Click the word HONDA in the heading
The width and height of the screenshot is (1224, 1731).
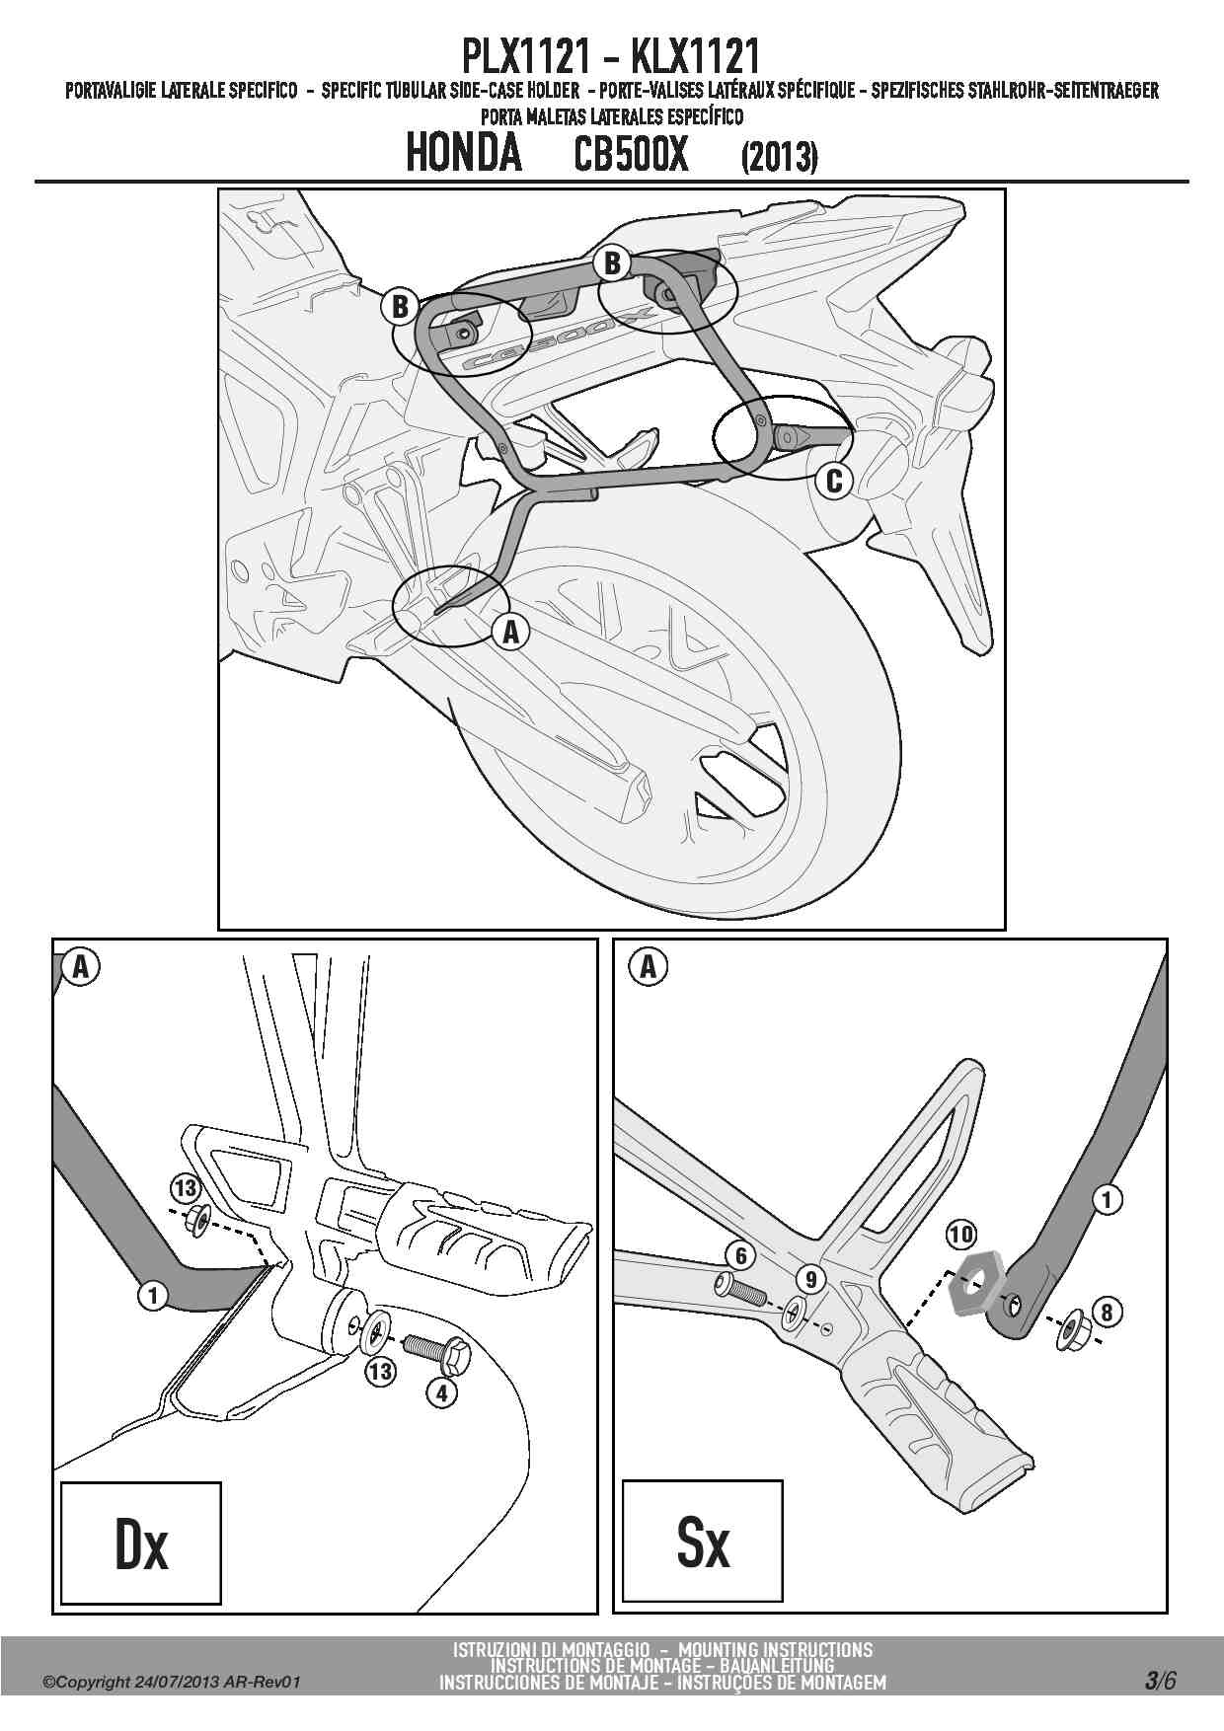(463, 154)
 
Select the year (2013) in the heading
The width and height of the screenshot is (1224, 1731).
(779, 157)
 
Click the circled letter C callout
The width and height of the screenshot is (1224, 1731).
(834, 481)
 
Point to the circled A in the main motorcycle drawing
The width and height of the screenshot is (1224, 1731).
(510, 632)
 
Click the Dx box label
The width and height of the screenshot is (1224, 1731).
(141, 1545)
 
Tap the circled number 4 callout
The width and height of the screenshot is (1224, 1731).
(441, 1392)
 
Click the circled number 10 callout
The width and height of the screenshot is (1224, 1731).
(961, 1234)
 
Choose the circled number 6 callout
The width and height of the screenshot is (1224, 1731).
(740, 1255)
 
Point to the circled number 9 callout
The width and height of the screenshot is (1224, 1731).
(810, 1280)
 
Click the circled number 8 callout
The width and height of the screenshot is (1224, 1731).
(1107, 1312)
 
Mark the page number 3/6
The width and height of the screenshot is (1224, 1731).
(1160, 1680)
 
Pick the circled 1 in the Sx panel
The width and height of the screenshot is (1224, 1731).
(1107, 1199)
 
